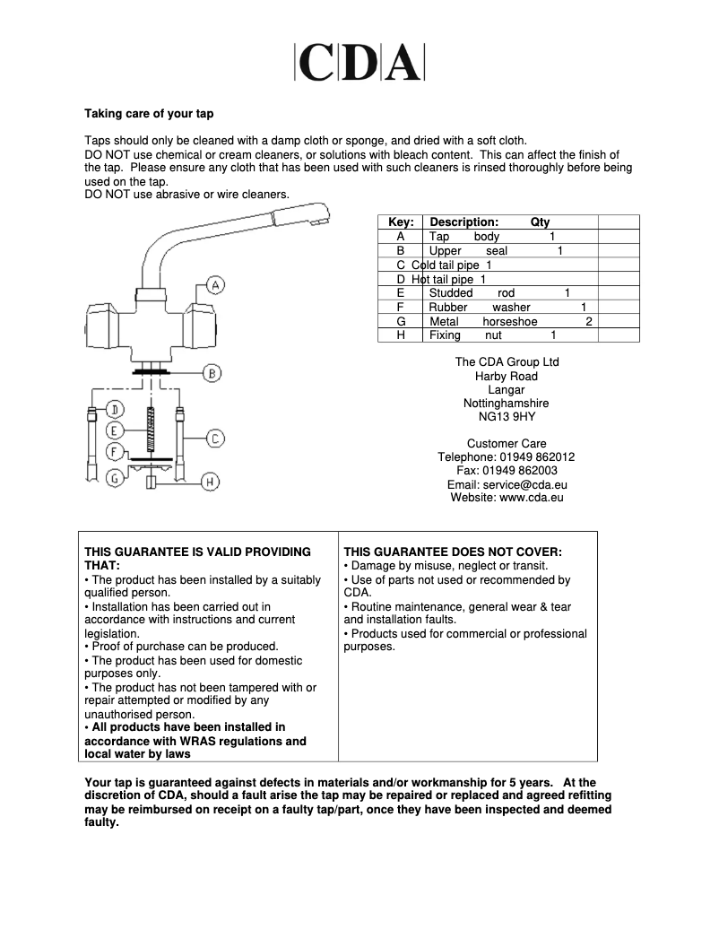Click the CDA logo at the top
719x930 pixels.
pyautogui.click(x=359, y=63)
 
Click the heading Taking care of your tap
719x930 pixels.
pyautogui.click(x=149, y=114)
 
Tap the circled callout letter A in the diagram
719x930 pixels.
pyautogui.click(x=215, y=285)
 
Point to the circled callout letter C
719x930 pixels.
pyautogui.click(x=215, y=439)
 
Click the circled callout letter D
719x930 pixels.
pyautogui.click(x=115, y=411)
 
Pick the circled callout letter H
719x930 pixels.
pyautogui.click(x=209, y=482)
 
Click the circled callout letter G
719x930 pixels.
pyautogui.click(x=115, y=478)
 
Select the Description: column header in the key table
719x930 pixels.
pyautogui.click(x=463, y=222)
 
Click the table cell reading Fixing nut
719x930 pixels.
pyautogui.click(x=465, y=335)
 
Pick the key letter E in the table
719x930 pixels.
pyautogui.click(x=401, y=293)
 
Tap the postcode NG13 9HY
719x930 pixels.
pyautogui.click(x=507, y=417)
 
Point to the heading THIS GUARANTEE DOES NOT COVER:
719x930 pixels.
pyautogui.click(x=453, y=552)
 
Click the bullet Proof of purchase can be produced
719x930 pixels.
pyautogui.click(x=184, y=647)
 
